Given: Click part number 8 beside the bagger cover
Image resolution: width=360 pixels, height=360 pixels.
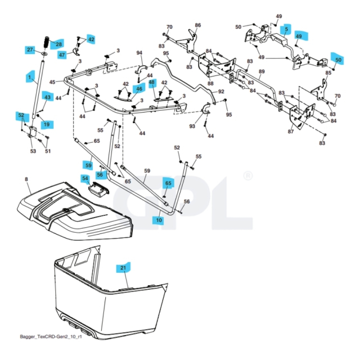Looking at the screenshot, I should click(26, 179).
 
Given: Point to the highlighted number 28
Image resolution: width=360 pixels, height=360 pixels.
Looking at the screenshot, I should click(58, 43).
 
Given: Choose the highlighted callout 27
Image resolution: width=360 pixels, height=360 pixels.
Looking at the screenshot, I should click(30, 50).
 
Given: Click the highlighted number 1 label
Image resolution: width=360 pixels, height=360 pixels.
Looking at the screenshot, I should click(29, 76).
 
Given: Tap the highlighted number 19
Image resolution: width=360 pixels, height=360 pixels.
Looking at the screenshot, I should click(46, 124).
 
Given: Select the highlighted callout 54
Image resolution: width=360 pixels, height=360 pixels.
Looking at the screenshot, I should click(85, 179).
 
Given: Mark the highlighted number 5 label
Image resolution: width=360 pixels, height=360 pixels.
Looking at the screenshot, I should click(286, 29).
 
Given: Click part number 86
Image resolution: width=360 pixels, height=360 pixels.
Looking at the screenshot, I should click(197, 25).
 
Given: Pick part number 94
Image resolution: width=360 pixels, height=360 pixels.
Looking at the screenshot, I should click(140, 53).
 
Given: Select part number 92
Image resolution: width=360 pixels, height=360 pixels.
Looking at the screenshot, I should click(221, 91).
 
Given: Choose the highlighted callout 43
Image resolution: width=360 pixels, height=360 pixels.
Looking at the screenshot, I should click(47, 97).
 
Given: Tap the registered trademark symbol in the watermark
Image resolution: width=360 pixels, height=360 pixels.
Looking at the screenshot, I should click(248, 176).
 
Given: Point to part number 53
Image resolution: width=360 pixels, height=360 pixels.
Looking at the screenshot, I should click(33, 151).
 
